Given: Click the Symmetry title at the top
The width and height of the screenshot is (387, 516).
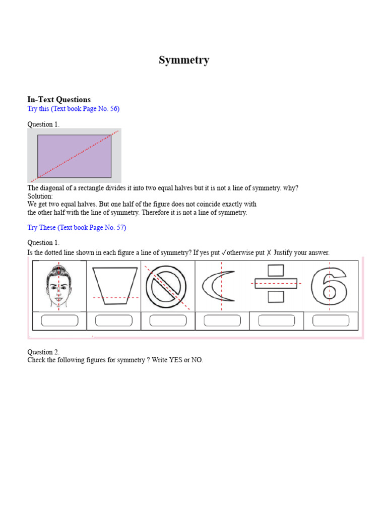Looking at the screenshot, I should click(184, 60).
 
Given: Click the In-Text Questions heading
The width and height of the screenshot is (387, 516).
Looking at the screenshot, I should click(59, 99).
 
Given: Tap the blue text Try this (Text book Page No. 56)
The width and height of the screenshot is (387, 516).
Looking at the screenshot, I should click(73, 109).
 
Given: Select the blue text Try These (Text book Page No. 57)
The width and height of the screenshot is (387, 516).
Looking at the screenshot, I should click(77, 228).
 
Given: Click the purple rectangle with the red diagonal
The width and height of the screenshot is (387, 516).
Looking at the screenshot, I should click(74, 156).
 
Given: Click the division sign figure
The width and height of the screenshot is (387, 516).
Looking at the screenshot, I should click(276, 284).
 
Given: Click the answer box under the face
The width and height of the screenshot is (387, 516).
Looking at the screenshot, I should click(59, 320).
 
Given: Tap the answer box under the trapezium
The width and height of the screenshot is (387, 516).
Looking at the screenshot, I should click(114, 320).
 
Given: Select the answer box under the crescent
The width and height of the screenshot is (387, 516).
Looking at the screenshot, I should click(222, 320).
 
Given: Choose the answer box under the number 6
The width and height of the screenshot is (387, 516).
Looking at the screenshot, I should click(331, 320).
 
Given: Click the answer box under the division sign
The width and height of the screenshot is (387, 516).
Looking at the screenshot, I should click(276, 320).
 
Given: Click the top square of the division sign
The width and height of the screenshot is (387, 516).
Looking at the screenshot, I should click(276, 271).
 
